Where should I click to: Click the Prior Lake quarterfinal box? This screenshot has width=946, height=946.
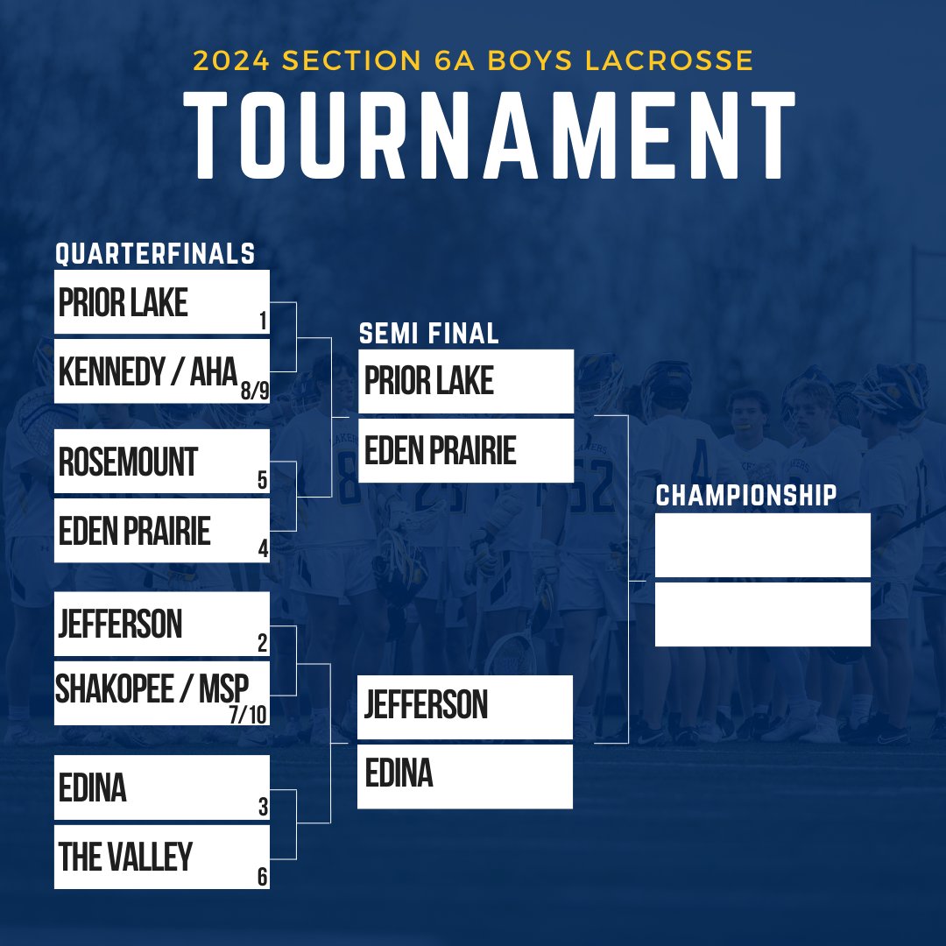161,302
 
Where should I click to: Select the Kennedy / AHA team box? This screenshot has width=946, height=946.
161,372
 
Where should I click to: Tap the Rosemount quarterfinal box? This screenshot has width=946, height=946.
161,461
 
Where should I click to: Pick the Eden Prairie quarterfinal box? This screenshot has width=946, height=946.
161,531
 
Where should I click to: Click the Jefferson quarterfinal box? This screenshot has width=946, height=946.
161,625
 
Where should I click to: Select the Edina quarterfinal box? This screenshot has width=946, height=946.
161,787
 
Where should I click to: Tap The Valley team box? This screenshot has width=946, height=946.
161,857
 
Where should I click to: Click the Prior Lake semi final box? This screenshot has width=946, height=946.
465,381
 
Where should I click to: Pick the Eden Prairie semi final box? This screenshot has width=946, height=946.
465,450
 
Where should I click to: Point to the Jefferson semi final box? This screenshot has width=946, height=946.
465,706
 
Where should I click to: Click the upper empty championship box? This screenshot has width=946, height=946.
762,545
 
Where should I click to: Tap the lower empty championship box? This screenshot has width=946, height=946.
762,614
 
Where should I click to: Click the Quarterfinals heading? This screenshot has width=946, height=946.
155,254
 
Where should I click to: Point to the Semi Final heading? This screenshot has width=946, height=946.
428,333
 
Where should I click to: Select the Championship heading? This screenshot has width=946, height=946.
746,496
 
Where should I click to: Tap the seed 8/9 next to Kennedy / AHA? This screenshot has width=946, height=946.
255,392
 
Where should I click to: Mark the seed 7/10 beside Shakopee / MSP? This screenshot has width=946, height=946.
248,715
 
